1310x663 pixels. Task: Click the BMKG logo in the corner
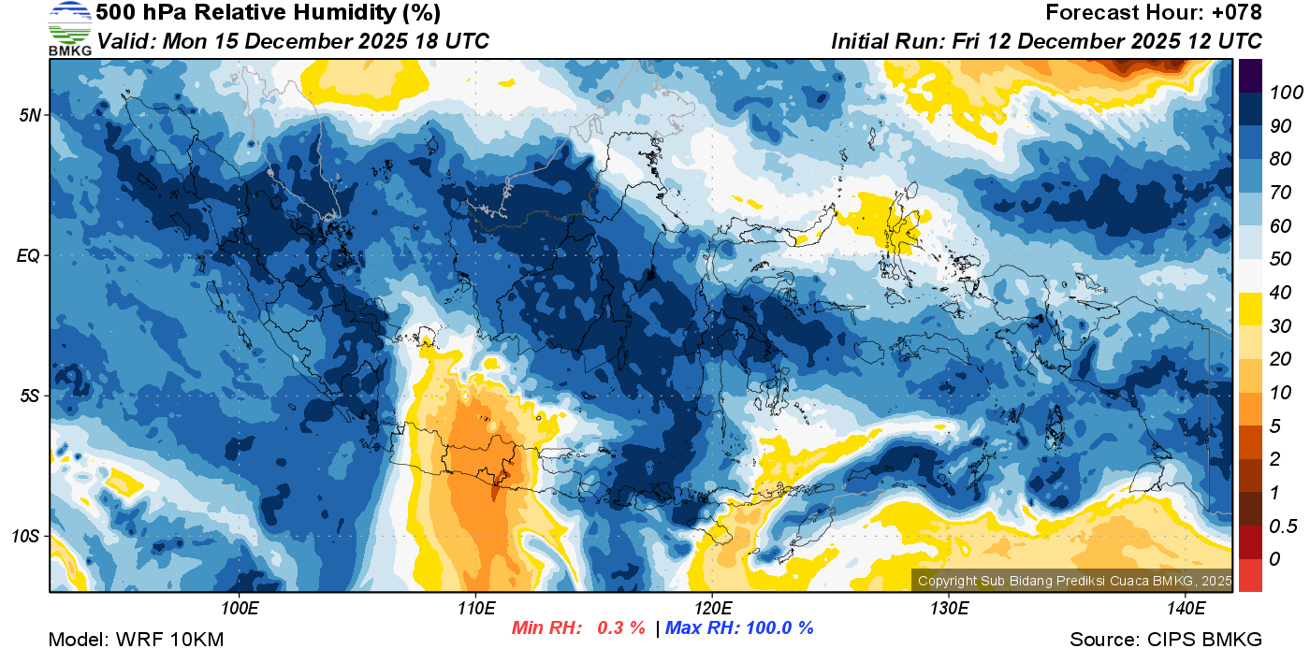coord(70,28)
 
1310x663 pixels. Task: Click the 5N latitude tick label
coord(28,115)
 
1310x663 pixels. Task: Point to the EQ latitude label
coord(28,255)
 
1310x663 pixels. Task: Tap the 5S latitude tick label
coord(28,396)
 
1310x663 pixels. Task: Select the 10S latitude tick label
coord(25,536)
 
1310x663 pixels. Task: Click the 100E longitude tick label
coord(240,609)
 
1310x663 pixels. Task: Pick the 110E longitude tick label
coord(476,609)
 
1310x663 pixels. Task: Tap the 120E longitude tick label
coord(712,609)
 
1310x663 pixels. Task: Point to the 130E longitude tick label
coord(949,609)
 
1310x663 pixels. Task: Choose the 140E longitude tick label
coord(1186,609)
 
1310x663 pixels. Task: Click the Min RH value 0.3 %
coord(621,627)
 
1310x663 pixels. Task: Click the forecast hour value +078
coord(1238,13)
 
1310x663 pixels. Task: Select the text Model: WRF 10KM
coord(136,640)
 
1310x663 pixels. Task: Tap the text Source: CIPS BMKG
coord(1166,640)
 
